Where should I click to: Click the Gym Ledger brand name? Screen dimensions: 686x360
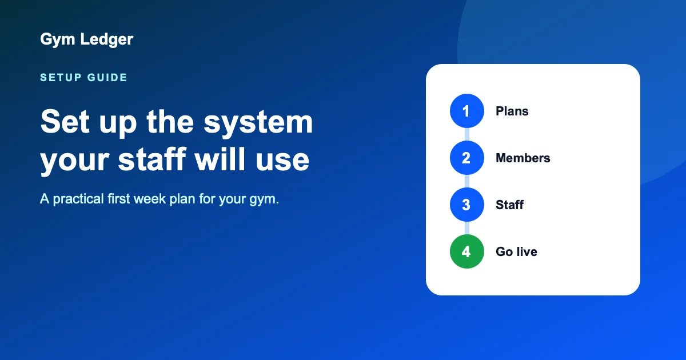tap(87, 39)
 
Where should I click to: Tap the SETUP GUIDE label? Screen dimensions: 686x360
tap(83, 78)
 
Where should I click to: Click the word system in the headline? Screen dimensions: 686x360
tap(258, 122)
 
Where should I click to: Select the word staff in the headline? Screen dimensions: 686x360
tap(152, 159)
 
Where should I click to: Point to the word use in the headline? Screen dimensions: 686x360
tap(282, 161)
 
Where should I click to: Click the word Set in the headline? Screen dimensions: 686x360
tap(65, 122)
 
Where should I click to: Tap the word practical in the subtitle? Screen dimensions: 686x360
tap(78, 199)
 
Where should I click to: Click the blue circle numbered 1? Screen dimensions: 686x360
tap(466, 111)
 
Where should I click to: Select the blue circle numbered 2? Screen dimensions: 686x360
tap(466, 158)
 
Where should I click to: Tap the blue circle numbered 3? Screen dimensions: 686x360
tap(466, 205)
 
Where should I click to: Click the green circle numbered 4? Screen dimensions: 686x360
tap(466, 251)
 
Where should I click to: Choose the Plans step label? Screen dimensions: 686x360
tap(512, 111)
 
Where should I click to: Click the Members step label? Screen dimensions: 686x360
tap(523, 158)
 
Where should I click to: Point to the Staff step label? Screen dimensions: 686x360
tap(509, 205)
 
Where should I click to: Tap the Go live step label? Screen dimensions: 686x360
tap(516, 251)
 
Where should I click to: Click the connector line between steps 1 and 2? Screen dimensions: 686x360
tap(466, 134)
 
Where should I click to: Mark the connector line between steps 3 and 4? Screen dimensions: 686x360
tap(466, 228)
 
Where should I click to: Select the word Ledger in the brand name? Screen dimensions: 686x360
tap(106, 39)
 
